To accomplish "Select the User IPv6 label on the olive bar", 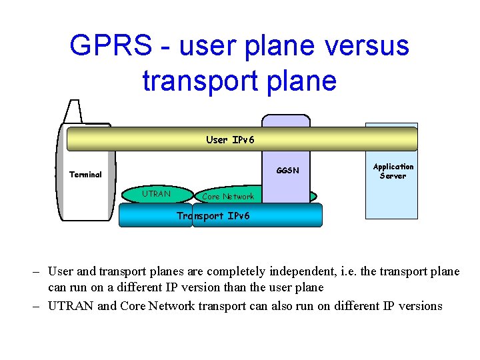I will [x=230, y=140].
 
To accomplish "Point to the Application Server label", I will [x=393, y=171].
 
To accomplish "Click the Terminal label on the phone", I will [x=85, y=175].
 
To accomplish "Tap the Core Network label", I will [x=227, y=197].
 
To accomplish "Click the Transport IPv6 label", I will [x=213, y=216].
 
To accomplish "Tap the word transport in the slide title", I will [x=190, y=80].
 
